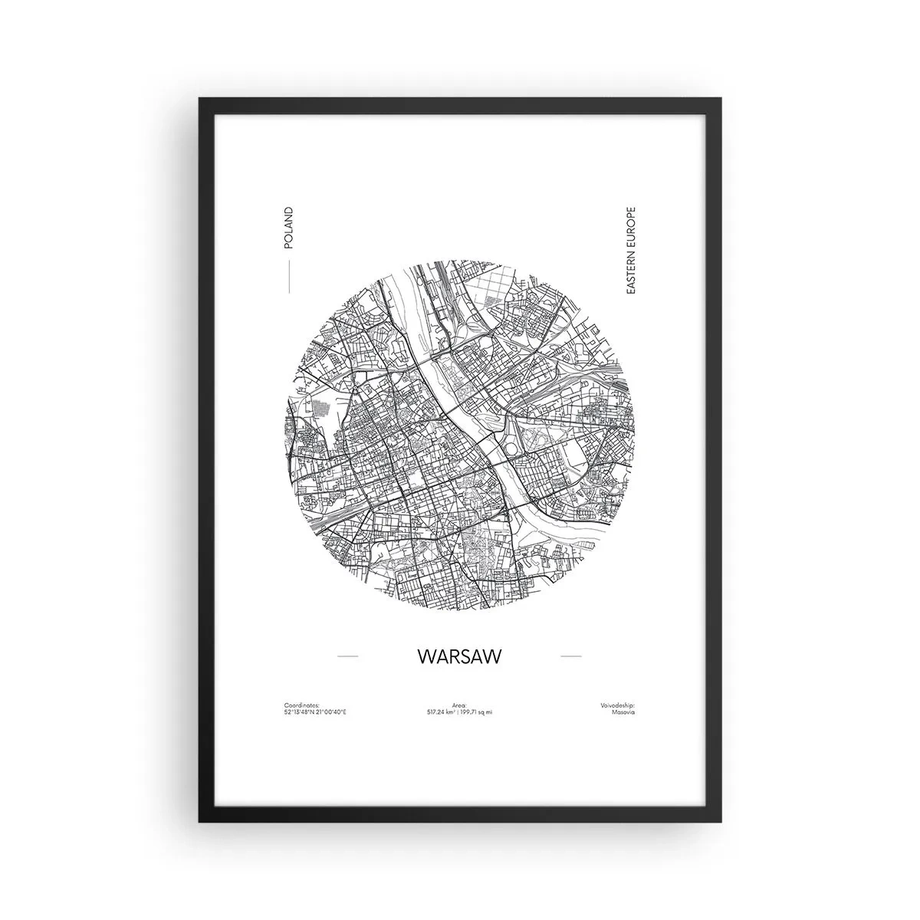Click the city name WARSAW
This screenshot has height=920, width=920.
(x=459, y=657)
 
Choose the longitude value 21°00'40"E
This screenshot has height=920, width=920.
(x=330, y=712)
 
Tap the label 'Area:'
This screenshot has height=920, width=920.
(x=459, y=705)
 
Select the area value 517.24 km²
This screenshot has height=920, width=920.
(x=442, y=712)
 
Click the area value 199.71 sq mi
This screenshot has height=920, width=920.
(x=477, y=712)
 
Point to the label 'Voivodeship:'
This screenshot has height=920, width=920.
(x=618, y=705)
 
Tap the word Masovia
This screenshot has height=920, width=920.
(x=623, y=712)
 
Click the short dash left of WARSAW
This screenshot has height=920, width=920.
(x=347, y=657)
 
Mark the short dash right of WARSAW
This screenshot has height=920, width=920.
(x=571, y=657)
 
